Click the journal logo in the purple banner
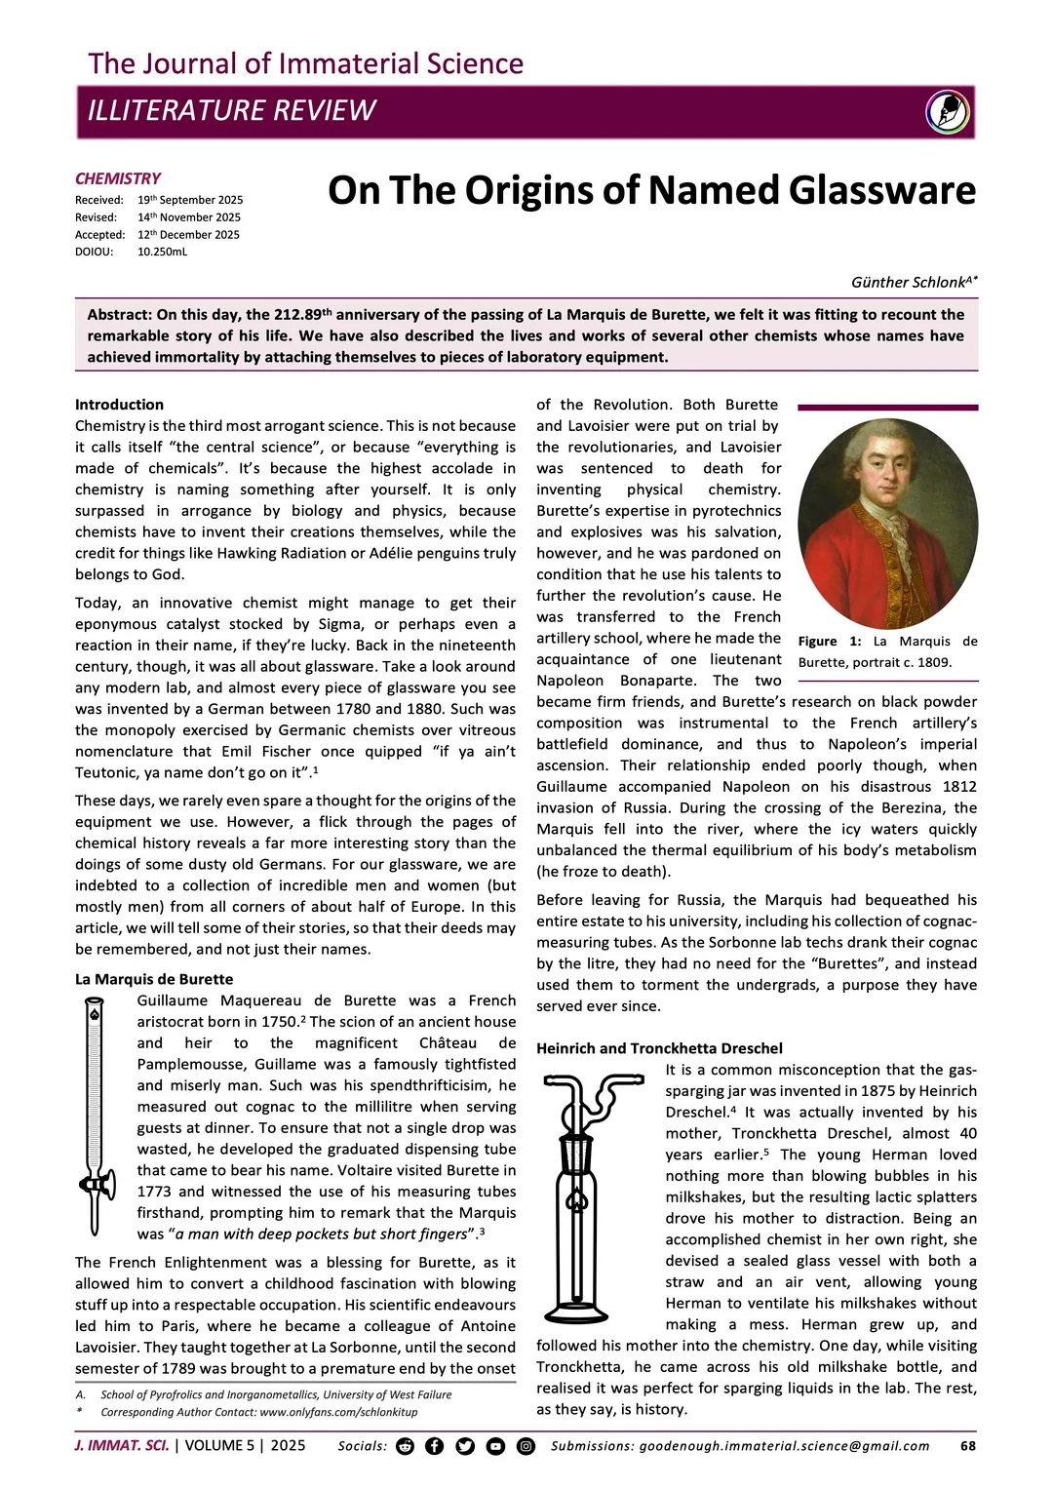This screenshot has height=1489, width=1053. (948, 111)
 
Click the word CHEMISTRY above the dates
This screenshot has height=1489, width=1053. (118, 178)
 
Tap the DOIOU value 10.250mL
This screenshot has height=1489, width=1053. (163, 252)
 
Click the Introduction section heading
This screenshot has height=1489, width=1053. (119, 405)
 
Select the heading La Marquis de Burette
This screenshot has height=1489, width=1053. (154, 979)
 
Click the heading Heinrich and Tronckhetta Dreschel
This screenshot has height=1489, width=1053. (659, 1048)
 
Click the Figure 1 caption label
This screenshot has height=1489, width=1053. (830, 642)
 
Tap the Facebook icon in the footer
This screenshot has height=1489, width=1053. (435, 1446)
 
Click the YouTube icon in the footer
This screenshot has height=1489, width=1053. (495, 1446)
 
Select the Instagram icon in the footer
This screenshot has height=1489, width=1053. (526, 1446)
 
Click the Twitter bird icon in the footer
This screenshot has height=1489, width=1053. (465, 1446)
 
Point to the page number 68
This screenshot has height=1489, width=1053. (968, 1446)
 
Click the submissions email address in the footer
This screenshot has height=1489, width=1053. (784, 1446)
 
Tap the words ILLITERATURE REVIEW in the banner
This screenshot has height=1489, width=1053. (231, 110)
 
